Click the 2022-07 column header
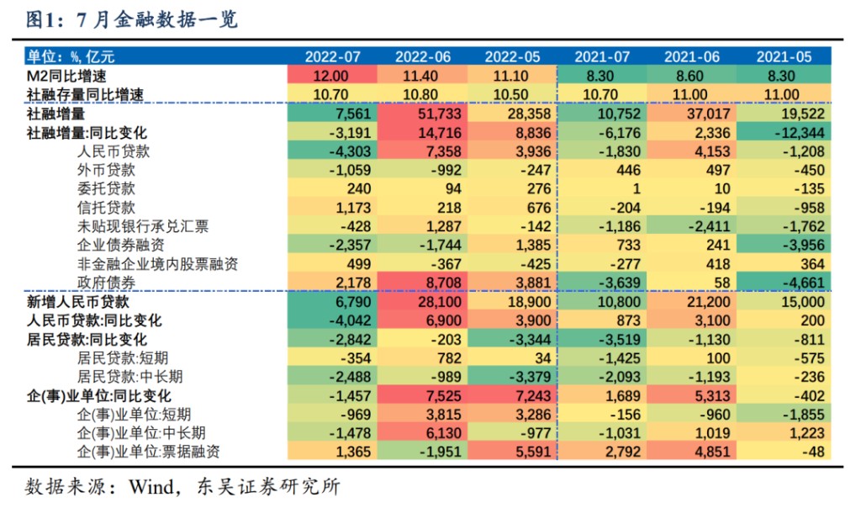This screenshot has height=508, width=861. (332, 56)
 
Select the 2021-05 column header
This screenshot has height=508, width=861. (784, 56)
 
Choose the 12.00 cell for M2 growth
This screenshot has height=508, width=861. (332, 76)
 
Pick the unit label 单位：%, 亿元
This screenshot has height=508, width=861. (71, 56)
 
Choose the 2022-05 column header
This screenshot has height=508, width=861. (512, 56)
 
